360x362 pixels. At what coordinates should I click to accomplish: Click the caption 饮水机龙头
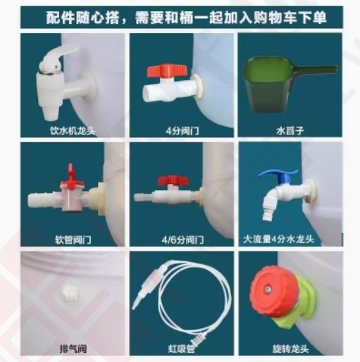pyautogui.click(x=73, y=130)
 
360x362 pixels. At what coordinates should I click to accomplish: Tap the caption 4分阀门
pyautogui.click(x=182, y=130)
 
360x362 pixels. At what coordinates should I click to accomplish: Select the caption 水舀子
pyautogui.click(x=290, y=130)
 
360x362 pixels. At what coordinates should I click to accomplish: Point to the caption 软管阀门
pyautogui.click(x=73, y=240)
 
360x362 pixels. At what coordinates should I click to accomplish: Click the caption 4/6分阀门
pyautogui.click(x=182, y=240)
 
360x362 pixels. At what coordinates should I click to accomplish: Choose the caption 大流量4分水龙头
pyautogui.click(x=278, y=239)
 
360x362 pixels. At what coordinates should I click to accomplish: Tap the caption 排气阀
pyautogui.click(x=73, y=349)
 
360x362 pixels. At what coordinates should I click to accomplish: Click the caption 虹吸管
pyautogui.click(x=182, y=349)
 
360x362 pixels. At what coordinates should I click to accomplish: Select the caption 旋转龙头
pyautogui.click(x=290, y=349)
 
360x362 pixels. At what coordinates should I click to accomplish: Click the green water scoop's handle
pyautogui.click(x=315, y=70)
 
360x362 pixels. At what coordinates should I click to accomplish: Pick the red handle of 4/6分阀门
pyautogui.click(x=173, y=180)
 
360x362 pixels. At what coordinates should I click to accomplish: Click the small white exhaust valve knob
pyautogui.click(x=70, y=292)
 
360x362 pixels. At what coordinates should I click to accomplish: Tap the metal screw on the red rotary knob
pyautogui.click(x=268, y=290)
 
